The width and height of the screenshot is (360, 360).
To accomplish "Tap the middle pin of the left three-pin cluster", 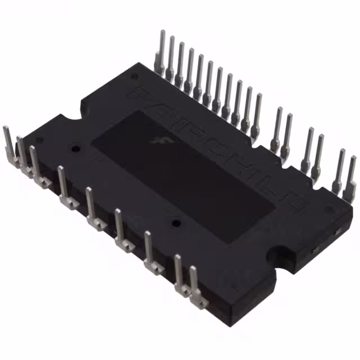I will [22, 152].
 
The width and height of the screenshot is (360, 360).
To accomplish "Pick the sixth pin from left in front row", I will [119, 224].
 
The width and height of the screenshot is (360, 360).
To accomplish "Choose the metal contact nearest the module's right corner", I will [337, 231].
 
